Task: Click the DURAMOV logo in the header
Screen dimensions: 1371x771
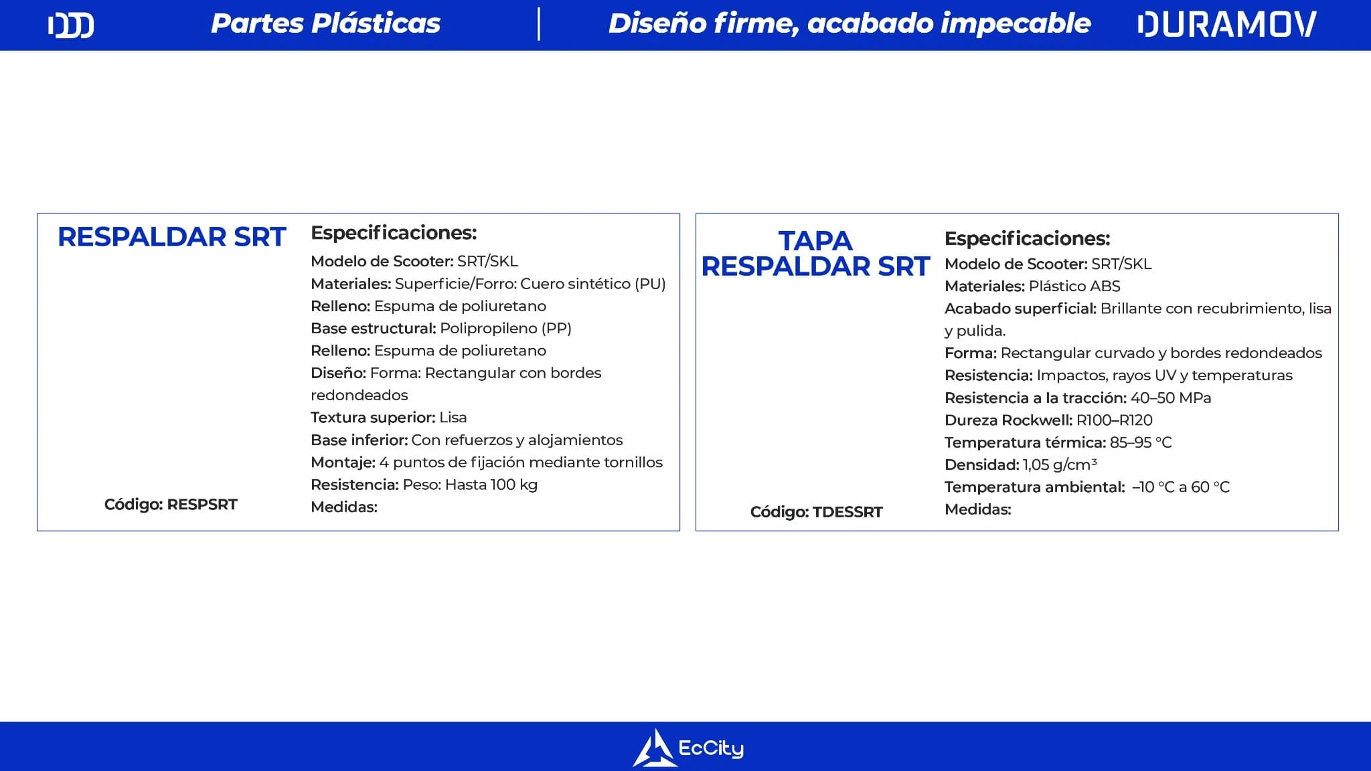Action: [1227, 25]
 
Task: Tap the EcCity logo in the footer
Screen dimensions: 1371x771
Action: [688, 748]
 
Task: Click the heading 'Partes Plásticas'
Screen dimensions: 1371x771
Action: [326, 24]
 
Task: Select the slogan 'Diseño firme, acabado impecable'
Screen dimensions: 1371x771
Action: [850, 24]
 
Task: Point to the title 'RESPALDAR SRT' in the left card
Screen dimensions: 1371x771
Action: [171, 237]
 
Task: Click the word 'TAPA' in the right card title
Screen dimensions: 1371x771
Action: [815, 241]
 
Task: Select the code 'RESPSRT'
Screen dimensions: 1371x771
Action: [202, 505]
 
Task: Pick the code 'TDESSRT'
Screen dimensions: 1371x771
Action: [848, 512]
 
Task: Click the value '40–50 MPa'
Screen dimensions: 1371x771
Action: [1171, 398]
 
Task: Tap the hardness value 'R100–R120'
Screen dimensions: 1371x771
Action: [1115, 420]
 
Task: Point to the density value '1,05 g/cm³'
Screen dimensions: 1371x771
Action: [1060, 464]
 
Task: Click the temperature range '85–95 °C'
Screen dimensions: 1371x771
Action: [1141, 442]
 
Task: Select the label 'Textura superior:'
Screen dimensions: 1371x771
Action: [373, 418]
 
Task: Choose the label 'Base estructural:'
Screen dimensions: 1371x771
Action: [374, 329]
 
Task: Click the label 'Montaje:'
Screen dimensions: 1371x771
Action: [343, 462]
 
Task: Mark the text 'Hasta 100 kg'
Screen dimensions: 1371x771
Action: [491, 485]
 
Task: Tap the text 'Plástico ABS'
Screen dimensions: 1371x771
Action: [1074, 286]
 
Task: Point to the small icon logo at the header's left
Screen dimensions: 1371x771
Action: [71, 25]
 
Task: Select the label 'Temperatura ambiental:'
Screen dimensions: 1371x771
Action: [1034, 487]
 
